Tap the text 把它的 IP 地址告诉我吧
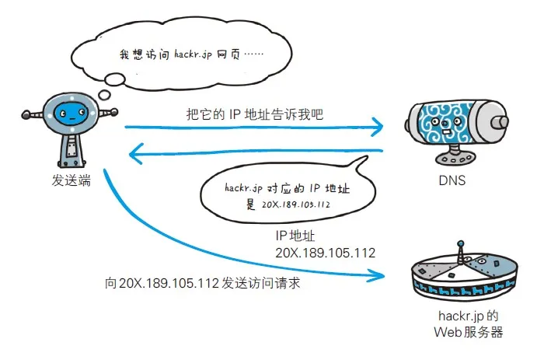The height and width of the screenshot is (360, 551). [x=254, y=114]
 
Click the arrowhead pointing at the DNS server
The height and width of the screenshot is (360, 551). [x=378, y=125]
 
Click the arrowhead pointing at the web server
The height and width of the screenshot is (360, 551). [x=378, y=274]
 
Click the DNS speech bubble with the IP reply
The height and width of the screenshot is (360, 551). [x=280, y=193]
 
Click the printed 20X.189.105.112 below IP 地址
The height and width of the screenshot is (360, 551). [x=325, y=253]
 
